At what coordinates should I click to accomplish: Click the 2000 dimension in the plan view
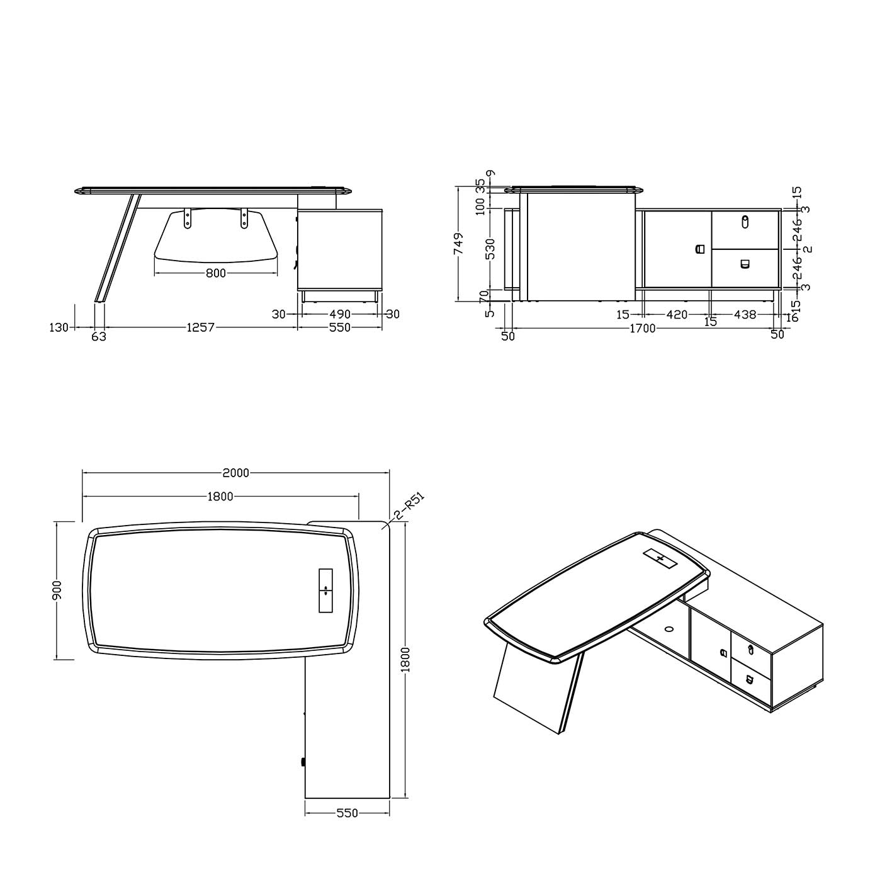pos(235,473)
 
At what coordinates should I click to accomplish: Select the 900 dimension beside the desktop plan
pos(57,590)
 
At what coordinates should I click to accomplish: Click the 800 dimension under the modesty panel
pos(216,273)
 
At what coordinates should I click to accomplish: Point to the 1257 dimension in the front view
pos(200,327)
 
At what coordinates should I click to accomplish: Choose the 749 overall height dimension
pos(458,244)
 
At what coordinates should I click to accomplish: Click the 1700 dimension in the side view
pos(643,328)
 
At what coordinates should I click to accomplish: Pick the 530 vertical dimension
pos(490,249)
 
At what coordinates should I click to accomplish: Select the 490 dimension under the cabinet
pos(340,314)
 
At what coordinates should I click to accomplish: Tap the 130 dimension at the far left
pos(59,327)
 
